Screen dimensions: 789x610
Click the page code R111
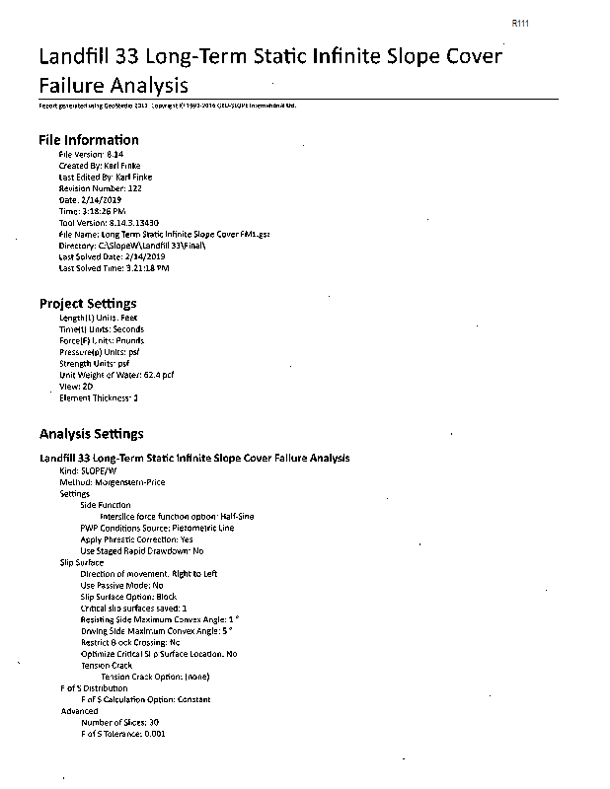tap(521, 22)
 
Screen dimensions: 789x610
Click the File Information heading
tap(89, 140)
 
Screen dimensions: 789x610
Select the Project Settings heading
tap(88, 303)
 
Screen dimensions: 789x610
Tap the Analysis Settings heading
tap(91, 433)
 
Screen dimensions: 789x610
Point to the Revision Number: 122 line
tap(101, 187)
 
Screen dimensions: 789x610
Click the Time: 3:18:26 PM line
tap(93, 211)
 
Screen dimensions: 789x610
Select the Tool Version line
tap(110, 223)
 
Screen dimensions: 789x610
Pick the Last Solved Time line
tap(114, 267)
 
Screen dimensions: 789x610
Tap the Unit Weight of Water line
tap(116, 375)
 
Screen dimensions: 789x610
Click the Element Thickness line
tap(99, 397)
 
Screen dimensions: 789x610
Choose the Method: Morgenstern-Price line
tap(113, 482)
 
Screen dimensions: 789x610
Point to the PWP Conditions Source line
tap(157, 528)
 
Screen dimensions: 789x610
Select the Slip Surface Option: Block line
tap(127, 597)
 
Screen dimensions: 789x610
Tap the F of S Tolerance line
tap(122, 734)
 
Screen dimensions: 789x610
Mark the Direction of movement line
tap(149, 574)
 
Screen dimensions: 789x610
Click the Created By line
tap(100, 166)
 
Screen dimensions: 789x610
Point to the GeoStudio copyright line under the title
tap(167, 105)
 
